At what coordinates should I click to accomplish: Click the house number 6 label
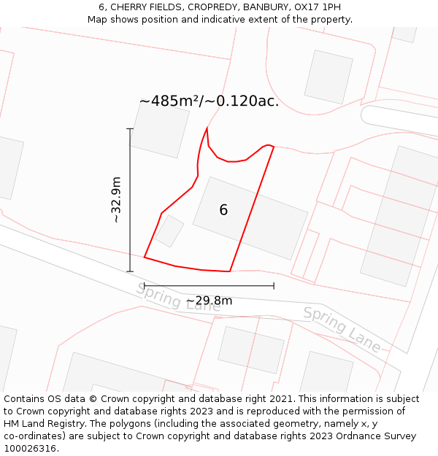pos(223,210)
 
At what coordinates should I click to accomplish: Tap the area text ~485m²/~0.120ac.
pos(209,101)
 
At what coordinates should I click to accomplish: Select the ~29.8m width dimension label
pos(209,301)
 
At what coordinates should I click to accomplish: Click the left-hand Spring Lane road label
pos(177,297)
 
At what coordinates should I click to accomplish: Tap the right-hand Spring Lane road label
pos(342,329)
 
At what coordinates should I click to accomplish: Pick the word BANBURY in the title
pos(267,7)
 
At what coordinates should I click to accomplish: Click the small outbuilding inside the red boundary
pos(169,231)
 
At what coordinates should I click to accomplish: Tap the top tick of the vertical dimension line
pos(130,129)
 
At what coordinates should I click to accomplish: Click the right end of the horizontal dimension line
pos(274,285)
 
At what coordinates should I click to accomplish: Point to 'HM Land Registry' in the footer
pos(43,424)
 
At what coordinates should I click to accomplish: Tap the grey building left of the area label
pos(159,129)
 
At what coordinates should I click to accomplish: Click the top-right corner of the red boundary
pos(273,147)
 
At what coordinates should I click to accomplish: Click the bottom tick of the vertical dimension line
pos(130,271)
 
